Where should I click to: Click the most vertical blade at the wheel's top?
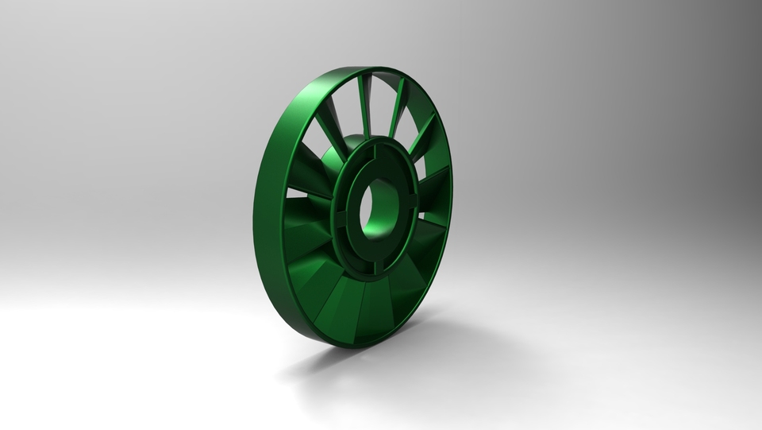point(365,103)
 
